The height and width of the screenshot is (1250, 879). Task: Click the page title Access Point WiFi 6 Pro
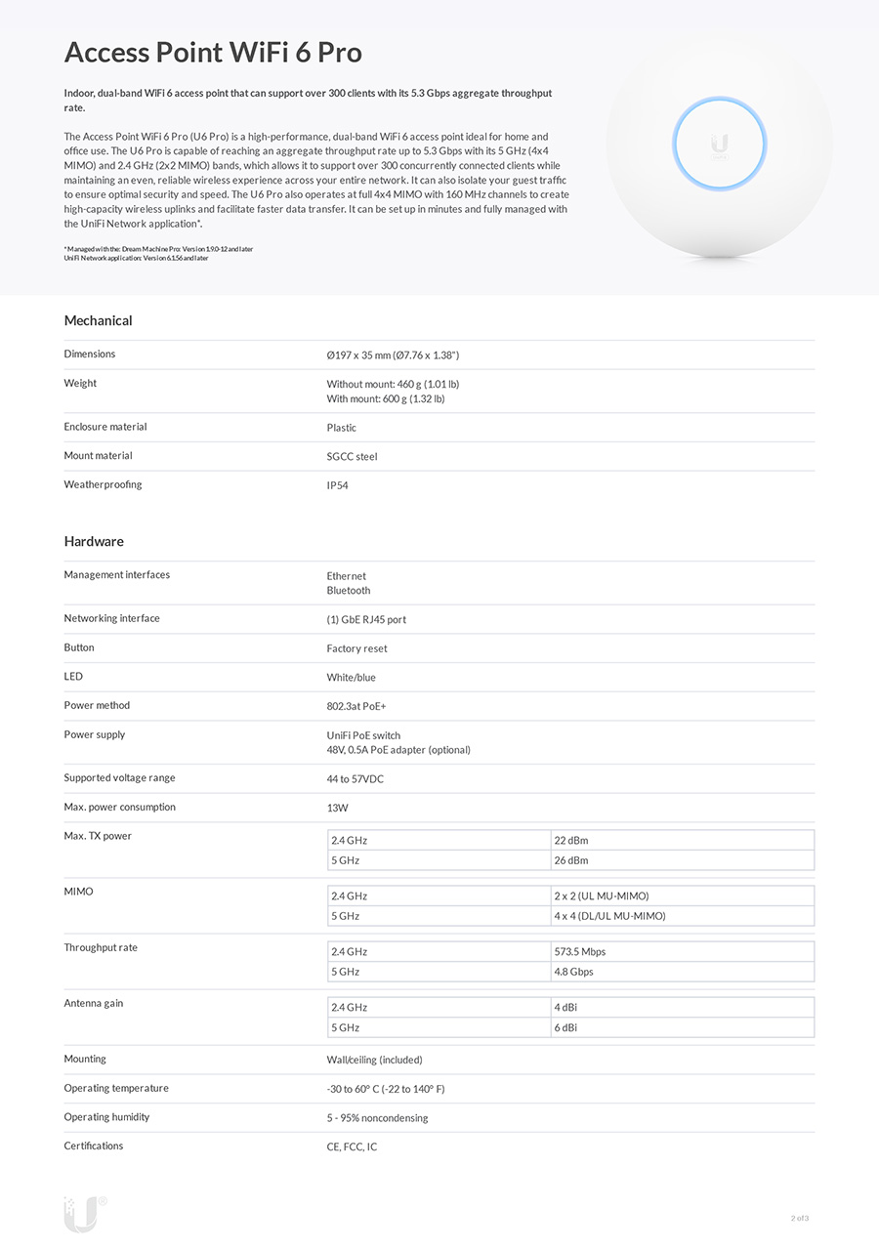[x=213, y=53]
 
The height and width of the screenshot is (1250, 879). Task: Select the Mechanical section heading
[x=98, y=320]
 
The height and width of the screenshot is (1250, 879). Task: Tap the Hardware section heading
[x=94, y=541]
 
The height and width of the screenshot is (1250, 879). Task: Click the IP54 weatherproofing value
[x=337, y=485]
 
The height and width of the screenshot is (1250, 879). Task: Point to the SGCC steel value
[x=352, y=456]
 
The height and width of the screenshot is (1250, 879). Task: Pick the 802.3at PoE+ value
[x=356, y=706]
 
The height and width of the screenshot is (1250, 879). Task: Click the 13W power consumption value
[x=337, y=808]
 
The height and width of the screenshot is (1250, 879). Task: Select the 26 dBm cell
[x=571, y=860]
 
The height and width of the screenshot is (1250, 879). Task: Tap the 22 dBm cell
[x=571, y=840]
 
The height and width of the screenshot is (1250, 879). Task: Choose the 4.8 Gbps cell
[x=573, y=972]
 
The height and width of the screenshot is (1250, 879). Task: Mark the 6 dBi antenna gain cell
[x=565, y=1027]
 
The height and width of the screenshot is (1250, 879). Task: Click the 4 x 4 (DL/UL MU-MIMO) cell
[x=609, y=916]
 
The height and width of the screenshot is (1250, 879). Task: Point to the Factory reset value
[x=356, y=648]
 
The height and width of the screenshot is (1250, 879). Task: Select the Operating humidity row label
[x=106, y=1117]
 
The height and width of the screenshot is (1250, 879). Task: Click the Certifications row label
[x=94, y=1146]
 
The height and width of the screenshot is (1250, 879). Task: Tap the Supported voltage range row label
[x=119, y=778]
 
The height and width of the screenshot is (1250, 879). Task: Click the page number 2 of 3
[x=800, y=1218]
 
